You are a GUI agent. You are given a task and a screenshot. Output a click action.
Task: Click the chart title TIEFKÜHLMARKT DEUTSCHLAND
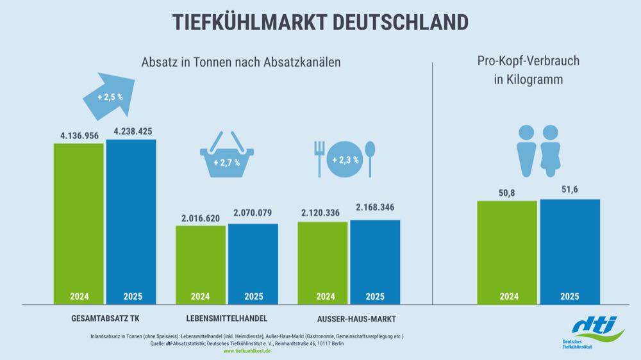point(320,21)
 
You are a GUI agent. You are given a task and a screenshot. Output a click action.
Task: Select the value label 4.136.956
point(78,135)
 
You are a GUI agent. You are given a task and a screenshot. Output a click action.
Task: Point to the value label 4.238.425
point(132,131)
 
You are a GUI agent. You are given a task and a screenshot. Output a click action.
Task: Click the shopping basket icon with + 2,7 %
point(227,156)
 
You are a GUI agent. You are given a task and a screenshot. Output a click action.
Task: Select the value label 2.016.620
point(201,218)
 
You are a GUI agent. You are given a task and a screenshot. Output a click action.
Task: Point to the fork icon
point(319,158)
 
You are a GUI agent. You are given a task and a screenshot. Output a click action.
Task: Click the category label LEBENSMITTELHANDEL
point(227,318)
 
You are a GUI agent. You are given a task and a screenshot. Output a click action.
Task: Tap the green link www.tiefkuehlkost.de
point(247,352)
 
